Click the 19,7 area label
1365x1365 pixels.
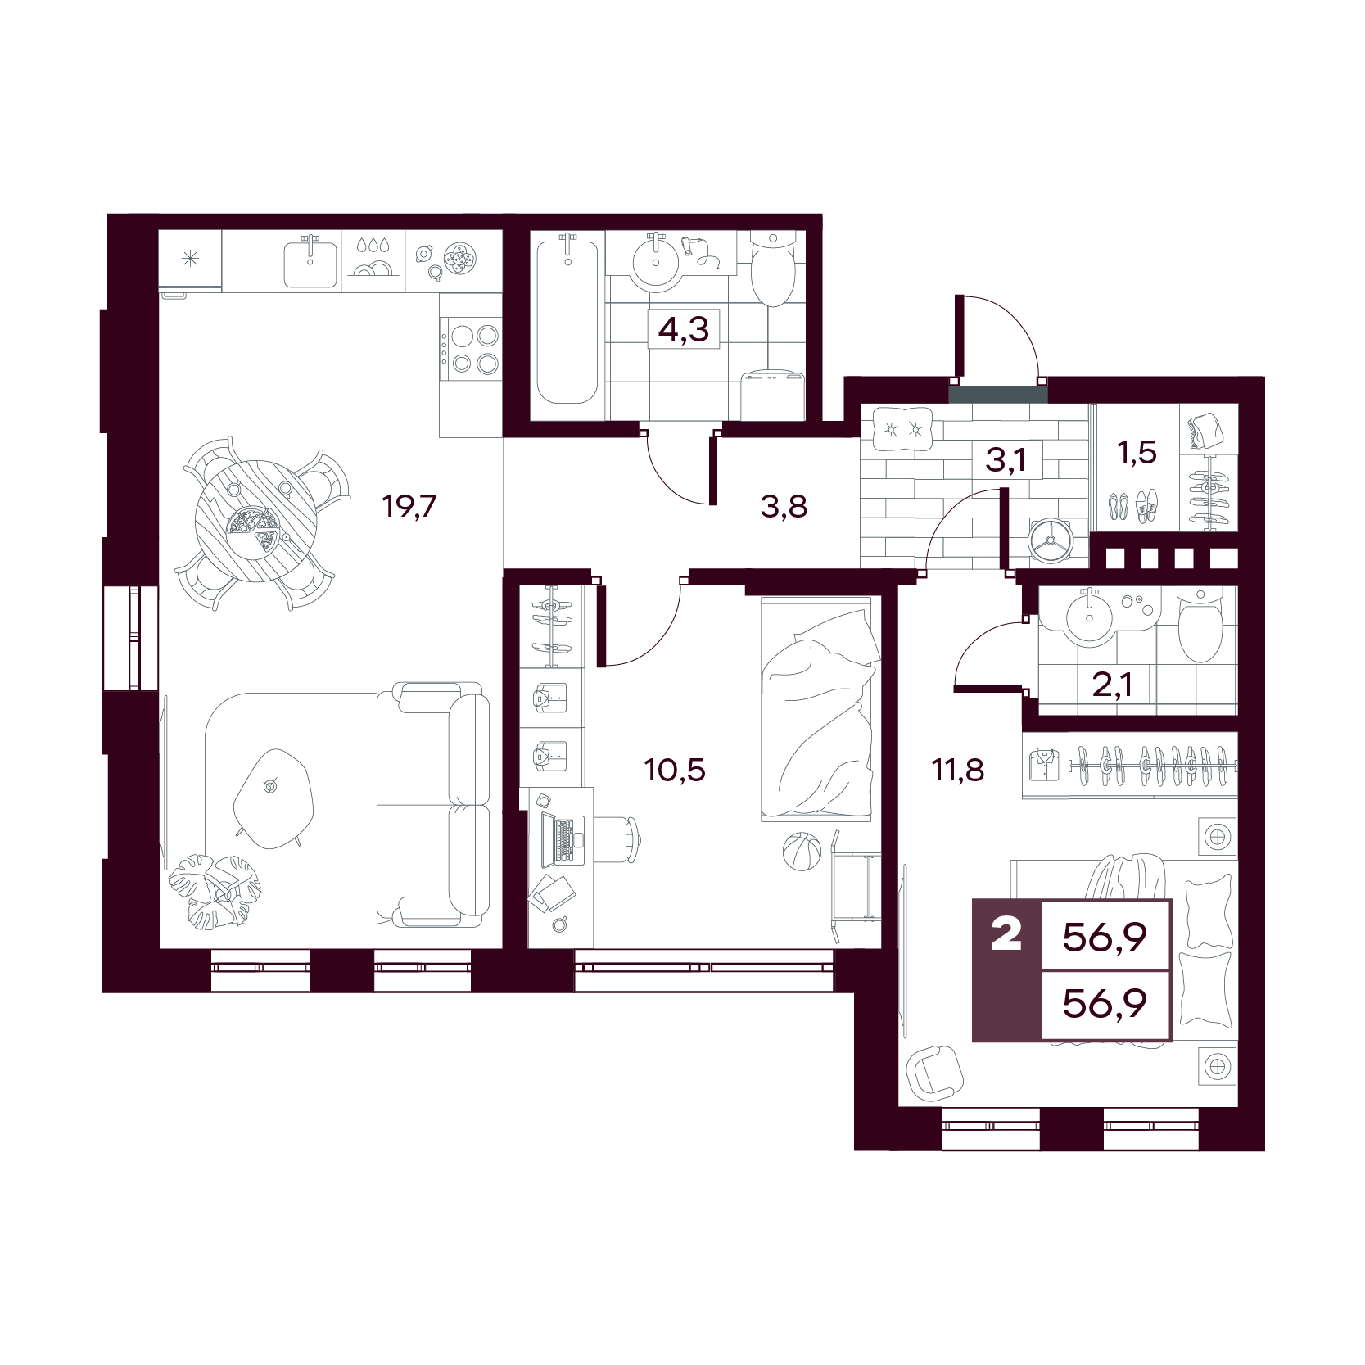(x=409, y=506)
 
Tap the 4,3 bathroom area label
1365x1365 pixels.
(x=684, y=329)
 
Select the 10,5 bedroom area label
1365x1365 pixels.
(x=675, y=770)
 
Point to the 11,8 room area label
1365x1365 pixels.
(x=958, y=770)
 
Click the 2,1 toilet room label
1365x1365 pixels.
(x=1112, y=684)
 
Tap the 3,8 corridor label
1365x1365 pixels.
(x=784, y=507)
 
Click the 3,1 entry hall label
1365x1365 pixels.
(x=1006, y=460)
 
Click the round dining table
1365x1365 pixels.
(x=255, y=521)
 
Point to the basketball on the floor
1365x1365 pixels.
(x=801, y=852)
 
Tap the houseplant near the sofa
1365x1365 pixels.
(x=215, y=890)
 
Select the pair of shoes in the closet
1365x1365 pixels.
(x=1133, y=507)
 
